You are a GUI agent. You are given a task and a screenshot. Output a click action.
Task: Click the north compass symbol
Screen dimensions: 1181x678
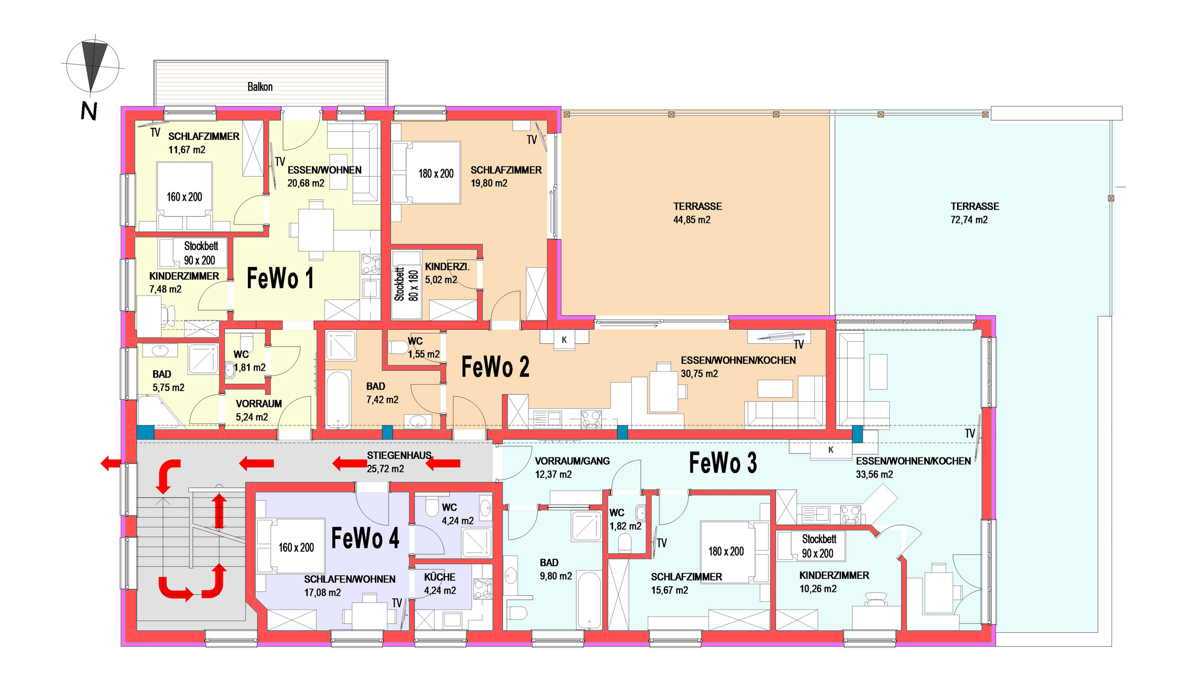click(93, 66)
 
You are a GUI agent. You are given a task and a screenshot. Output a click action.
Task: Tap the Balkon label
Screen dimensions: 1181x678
click(260, 87)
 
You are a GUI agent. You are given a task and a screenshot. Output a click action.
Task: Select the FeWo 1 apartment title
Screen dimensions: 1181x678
click(280, 278)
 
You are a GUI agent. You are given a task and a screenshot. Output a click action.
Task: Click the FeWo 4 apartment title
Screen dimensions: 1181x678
click(365, 538)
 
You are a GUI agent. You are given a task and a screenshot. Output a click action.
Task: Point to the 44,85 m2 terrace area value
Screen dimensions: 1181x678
click(692, 220)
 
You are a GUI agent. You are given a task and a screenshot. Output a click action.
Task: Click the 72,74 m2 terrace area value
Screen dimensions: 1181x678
click(969, 220)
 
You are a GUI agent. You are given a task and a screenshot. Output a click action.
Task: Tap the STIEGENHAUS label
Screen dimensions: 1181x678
click(399, 455)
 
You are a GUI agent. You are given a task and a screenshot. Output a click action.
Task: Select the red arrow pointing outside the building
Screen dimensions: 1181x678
click(111, 463)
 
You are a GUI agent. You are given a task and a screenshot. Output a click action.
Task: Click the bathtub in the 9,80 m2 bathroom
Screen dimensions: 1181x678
click(590, 600)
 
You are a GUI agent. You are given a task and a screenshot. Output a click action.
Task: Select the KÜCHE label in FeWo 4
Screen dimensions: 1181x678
click(439, 577)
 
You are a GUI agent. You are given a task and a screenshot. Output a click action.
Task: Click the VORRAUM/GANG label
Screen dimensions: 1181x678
click(572, 461)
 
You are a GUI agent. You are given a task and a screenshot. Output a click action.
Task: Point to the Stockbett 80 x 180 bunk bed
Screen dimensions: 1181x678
click(406, 285)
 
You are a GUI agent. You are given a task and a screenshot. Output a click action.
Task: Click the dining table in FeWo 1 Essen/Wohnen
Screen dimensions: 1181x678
click(316, 230)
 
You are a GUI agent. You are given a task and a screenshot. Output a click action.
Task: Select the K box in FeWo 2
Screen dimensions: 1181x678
click(564, 340)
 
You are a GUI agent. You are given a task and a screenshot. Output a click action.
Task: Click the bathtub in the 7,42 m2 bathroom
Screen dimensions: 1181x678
click(338, 399)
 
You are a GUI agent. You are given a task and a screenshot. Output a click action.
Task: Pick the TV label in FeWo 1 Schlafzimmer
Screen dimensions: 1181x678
click(155, 132)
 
